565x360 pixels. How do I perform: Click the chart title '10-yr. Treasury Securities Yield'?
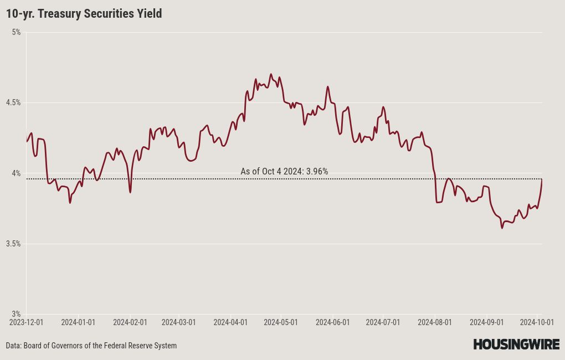[x=84, y=14]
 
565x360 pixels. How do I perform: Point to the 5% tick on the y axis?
[x=16, y=33]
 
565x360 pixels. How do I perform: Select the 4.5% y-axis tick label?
[x=13, y=102]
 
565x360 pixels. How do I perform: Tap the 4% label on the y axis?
[x=16, y=173]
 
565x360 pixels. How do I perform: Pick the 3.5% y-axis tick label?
[x=13, y=244]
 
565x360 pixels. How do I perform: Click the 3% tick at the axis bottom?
[x=16, y=314]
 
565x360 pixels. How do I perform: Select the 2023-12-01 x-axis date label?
[x=26, y=322]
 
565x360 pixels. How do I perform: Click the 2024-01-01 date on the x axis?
[x=78, y=322]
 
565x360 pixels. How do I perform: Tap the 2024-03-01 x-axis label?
[x=179, y=322]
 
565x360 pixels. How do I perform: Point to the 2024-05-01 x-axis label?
[x=281, y=322]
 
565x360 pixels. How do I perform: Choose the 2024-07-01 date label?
[x=383, y=322]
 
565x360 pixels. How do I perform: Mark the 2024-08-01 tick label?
[x=435, y=322]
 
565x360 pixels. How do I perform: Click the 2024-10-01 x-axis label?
[x=537, y=322]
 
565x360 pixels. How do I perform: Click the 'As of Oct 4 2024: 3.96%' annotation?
[x=284, y=171]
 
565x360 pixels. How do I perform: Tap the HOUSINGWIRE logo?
[x=516, y=344]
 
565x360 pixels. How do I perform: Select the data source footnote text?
[x=91, y=346]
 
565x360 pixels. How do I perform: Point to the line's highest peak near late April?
[x=271, y=74]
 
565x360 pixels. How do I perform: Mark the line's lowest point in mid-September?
[x=502, y=228]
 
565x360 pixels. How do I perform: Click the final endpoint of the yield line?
[x=542, y=179]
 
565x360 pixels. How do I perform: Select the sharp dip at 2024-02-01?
[x=130, y=192]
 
